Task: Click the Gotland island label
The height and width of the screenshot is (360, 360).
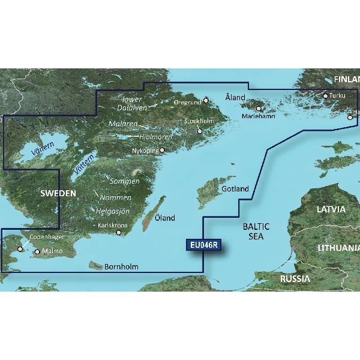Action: [235, 189]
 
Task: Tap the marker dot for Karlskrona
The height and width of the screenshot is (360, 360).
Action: [119, 232]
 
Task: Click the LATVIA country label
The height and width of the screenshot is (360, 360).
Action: [331, 209]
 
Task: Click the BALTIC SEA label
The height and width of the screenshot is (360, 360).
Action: [256, 231]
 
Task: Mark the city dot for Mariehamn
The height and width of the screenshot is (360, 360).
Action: [259, 109]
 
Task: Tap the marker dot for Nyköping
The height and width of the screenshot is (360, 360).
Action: [161, 151]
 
